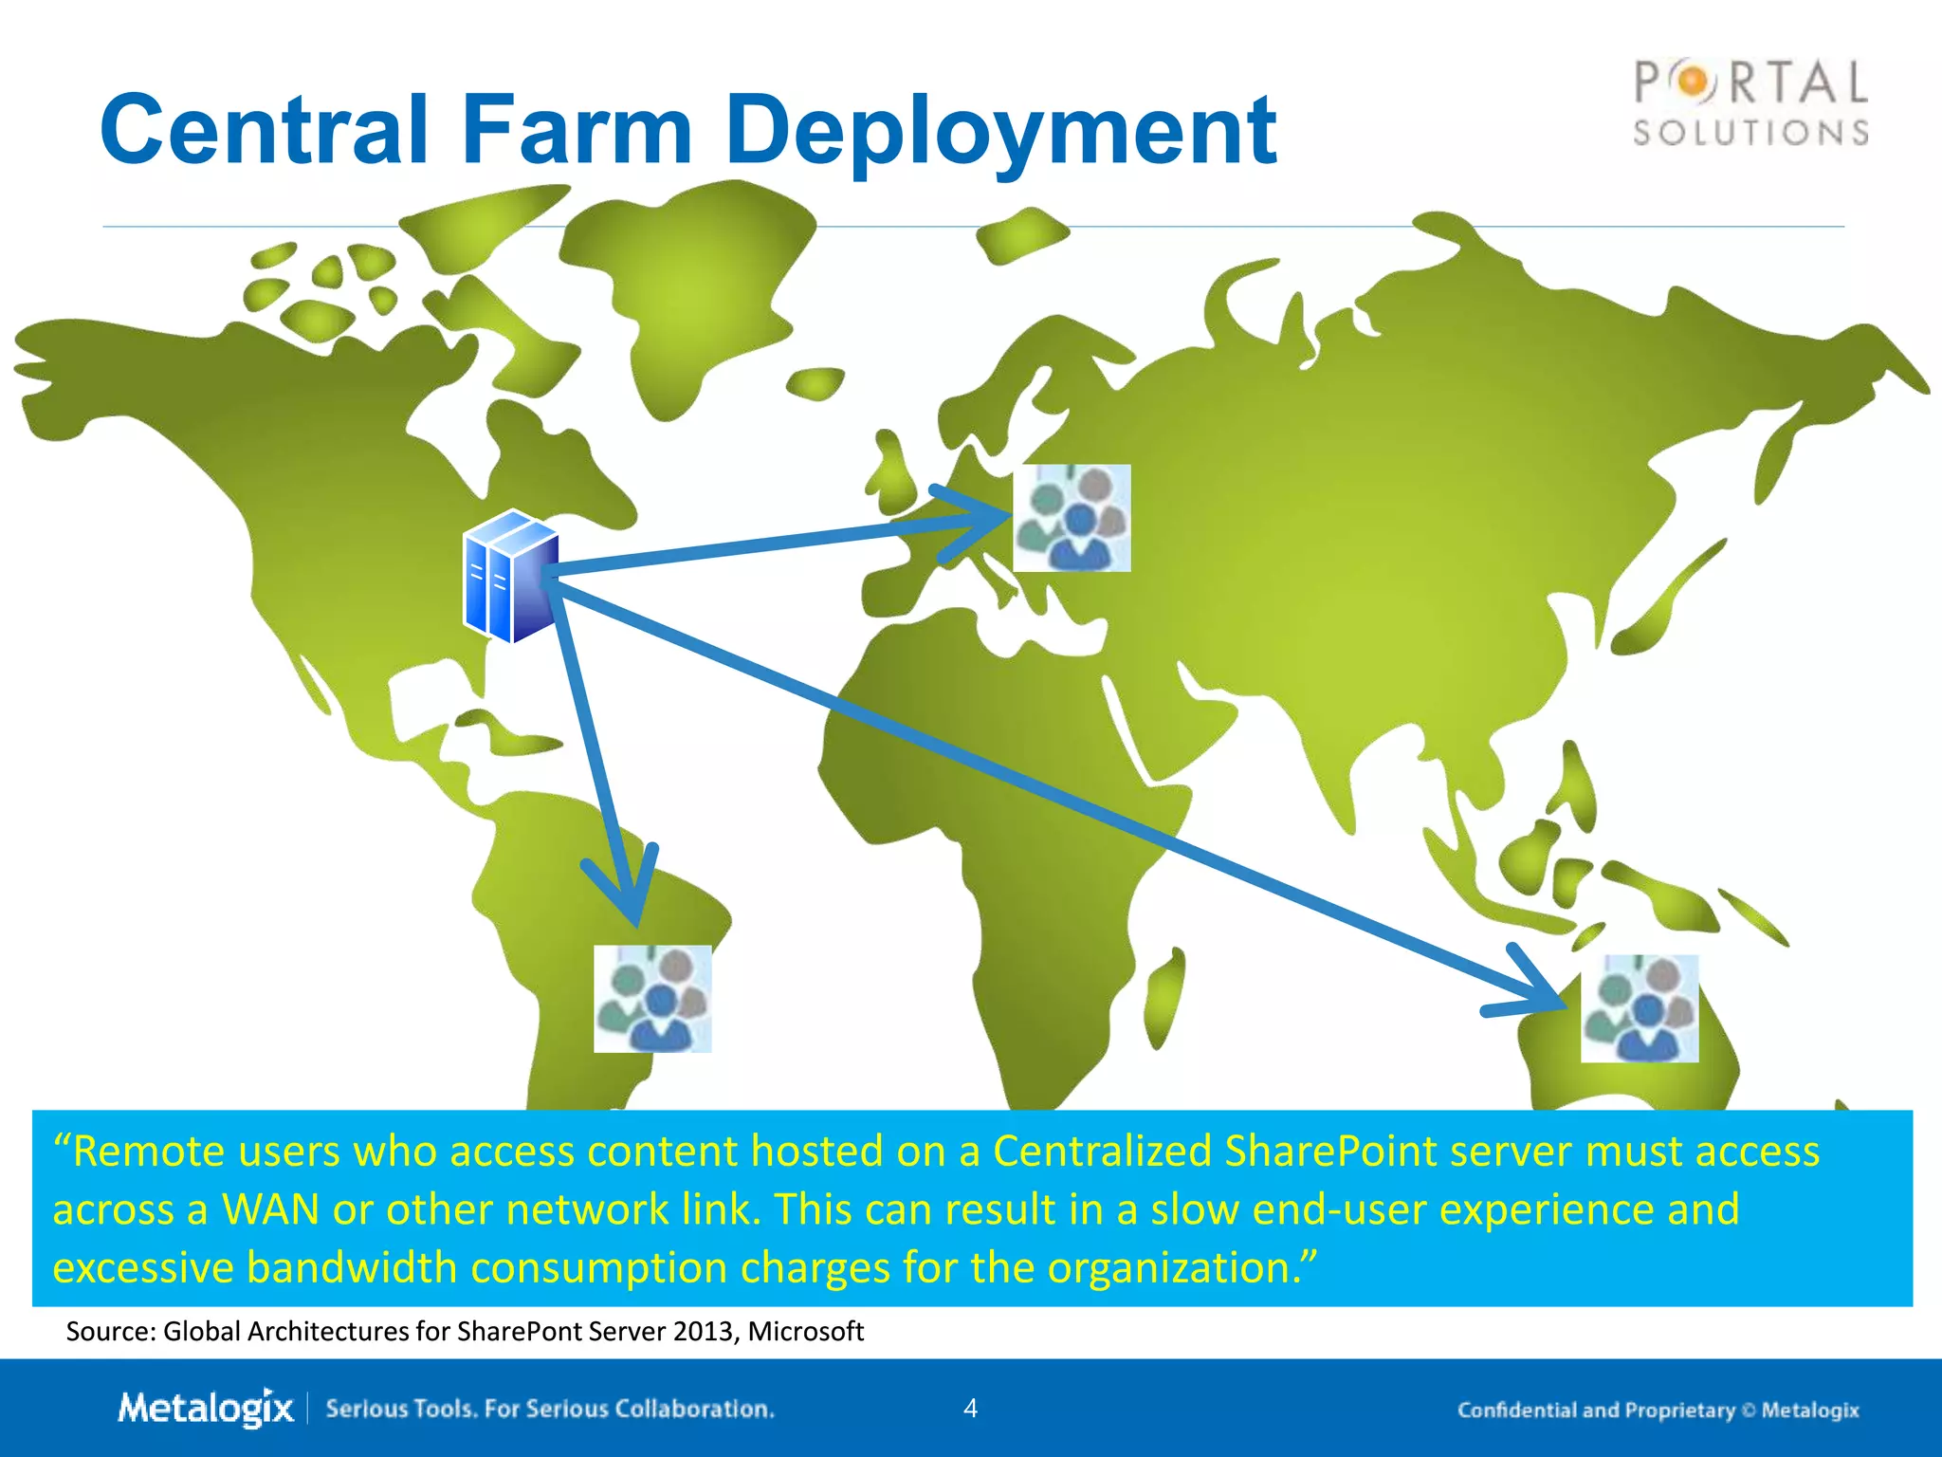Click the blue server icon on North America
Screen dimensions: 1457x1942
click(x=510, y=576)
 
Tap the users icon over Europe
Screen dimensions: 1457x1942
click(x=1072, y=518)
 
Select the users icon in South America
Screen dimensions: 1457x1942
click(x=652, y=999)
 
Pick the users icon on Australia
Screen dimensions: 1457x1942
click(x=1640, y=1008)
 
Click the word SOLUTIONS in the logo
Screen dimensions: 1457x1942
click(x=1750, y=133)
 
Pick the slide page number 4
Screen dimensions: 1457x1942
click(x=970, y=1408)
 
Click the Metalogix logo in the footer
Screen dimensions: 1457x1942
click(x=206, y=1408)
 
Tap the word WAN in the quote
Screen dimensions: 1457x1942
click(x=270, y=1209)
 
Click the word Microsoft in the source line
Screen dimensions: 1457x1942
click(x=805, y=1332)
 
